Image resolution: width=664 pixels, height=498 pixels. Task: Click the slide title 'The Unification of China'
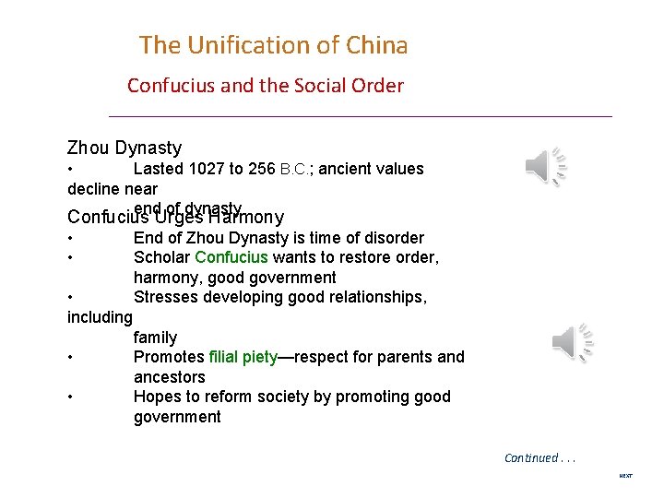273,44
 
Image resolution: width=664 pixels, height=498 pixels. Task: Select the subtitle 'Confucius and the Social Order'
265,86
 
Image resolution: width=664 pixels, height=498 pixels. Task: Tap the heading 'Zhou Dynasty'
125,148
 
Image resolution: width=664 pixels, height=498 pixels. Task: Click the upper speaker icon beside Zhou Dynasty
545,166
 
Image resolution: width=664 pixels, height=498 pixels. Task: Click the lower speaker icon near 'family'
572,343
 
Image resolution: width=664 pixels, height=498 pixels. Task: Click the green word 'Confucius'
230,257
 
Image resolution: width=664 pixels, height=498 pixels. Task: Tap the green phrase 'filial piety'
243,357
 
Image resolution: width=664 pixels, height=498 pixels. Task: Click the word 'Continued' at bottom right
530,457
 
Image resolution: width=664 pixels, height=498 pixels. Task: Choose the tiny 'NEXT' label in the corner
625,476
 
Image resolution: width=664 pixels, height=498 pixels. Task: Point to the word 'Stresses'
166,297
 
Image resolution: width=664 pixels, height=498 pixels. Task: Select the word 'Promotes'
169,357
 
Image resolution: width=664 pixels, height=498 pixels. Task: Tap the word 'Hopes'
156,397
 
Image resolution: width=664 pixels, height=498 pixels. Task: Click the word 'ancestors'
169,377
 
